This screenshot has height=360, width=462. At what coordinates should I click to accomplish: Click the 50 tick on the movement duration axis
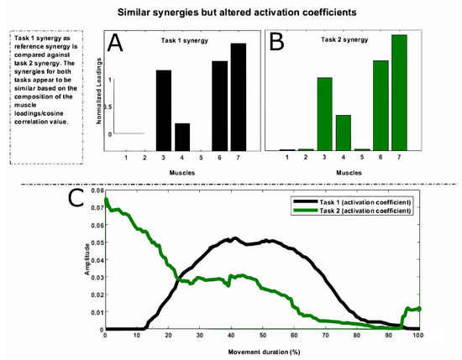262,336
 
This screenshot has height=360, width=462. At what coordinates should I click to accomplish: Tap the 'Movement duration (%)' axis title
262,349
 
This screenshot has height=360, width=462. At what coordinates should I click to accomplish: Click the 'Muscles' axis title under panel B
353,174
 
